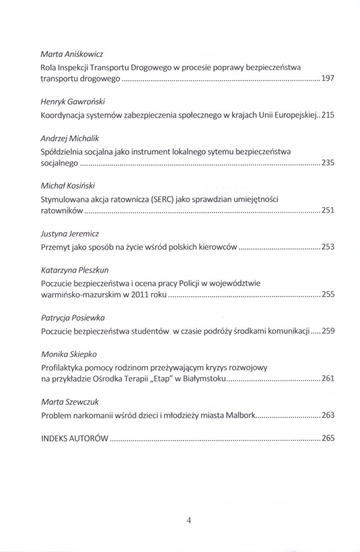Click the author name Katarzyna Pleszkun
point(73,271)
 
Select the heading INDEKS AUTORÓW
point(73,439)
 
